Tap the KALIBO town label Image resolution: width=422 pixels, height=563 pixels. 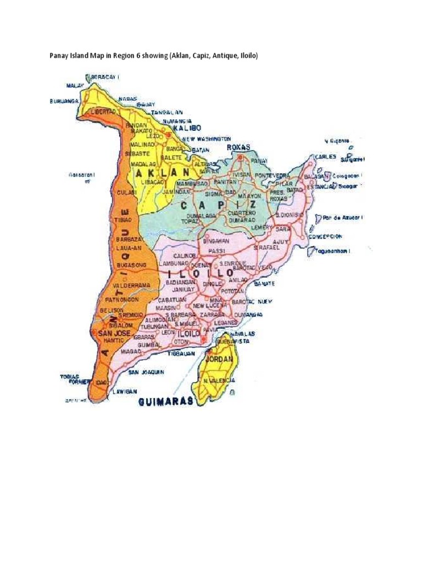pyautogui.click(x=185, y=128)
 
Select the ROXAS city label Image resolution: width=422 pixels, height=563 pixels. pyautogui.click(x=238, y=147)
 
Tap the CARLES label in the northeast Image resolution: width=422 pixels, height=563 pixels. pyautogui.click(x=325, y=157)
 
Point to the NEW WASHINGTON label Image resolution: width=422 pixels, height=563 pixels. pyautogui.click(x=207, y=139)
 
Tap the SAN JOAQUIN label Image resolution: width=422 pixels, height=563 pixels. pyautogui.click(x=146, y=372)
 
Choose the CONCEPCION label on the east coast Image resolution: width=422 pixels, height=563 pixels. pyautogui.click(x=324, y=236)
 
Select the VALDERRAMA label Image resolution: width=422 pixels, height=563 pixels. pyautogui.click(x=131, y=286)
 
